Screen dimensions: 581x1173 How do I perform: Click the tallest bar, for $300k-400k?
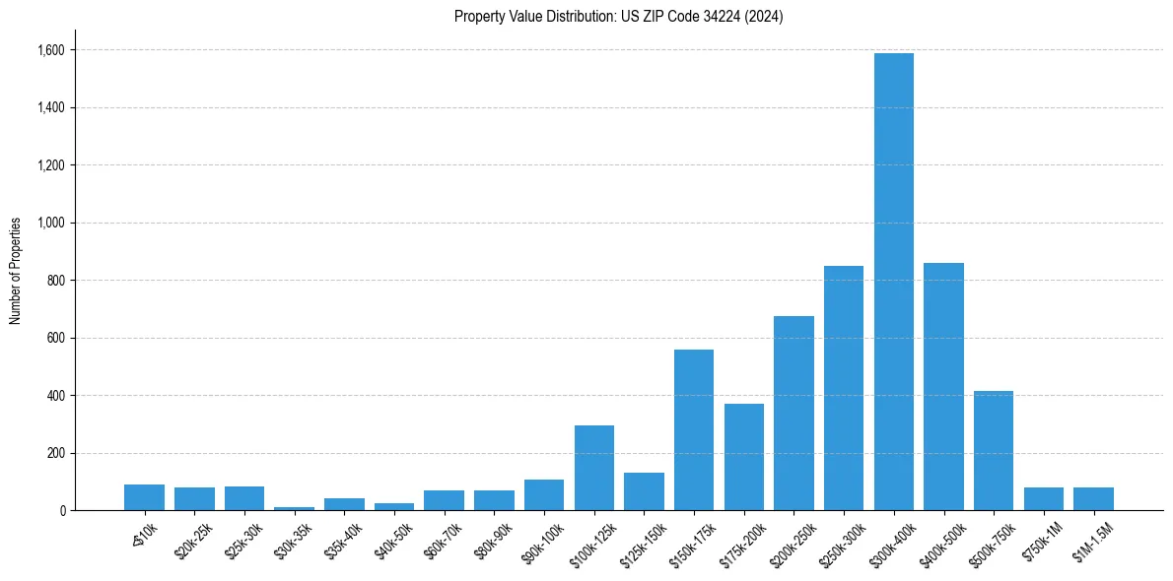coord(893,282)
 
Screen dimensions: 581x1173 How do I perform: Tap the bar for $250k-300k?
coord(844,388)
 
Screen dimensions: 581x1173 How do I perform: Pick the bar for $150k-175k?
coord(694,429)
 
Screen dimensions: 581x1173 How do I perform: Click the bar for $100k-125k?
coord(594,468)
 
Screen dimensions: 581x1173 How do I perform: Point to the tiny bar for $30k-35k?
coord(294,508)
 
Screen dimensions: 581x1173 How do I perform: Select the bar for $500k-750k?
coord(994,450)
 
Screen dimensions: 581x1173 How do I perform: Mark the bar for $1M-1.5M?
coord(1093,498)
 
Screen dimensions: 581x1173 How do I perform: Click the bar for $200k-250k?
coord(793,413)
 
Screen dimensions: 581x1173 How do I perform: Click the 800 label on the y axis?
coord(54,281)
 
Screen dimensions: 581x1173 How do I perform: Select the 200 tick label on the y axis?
coord(54,453)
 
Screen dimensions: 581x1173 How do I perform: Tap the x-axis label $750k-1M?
coord(1044,540)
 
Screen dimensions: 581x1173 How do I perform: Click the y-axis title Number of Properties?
coord(16,271)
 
